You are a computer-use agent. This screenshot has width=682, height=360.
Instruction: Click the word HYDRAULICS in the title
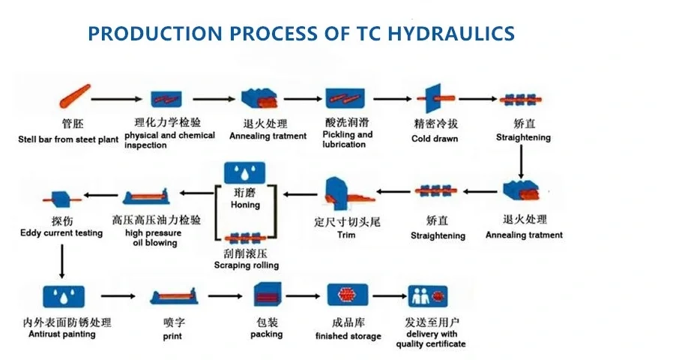(450, 34)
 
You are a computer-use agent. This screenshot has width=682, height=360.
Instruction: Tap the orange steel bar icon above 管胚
(75, 96)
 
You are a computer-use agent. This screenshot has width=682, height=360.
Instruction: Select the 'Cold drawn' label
(435, 139)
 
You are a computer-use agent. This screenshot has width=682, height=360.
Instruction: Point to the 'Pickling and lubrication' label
(347, 139)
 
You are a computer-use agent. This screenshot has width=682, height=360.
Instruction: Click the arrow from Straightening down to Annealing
(521, 161)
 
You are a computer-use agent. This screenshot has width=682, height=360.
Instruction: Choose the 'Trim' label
(346, 235)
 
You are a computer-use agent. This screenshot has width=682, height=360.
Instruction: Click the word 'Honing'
(245, 205)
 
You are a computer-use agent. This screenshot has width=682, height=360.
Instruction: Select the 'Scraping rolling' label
(246, 265)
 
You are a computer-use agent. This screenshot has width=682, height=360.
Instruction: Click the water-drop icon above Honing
(244, 172)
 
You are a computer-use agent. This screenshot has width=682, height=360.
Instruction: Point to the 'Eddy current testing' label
(61, 233)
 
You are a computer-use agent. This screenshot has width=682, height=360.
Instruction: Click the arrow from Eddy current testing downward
(61, 261)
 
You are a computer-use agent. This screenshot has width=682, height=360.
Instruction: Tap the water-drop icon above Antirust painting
(64, 296)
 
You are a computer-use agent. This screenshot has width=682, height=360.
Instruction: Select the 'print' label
(172, 337)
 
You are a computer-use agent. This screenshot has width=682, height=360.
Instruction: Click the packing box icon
(268, 294)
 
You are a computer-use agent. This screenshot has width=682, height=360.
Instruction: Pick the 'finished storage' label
(348, 336)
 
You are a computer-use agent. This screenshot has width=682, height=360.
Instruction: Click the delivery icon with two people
(427, 296)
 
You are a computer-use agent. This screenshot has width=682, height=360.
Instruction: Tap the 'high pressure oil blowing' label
(154, 238)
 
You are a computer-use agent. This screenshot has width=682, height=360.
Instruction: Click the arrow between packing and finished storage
(303, 296)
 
